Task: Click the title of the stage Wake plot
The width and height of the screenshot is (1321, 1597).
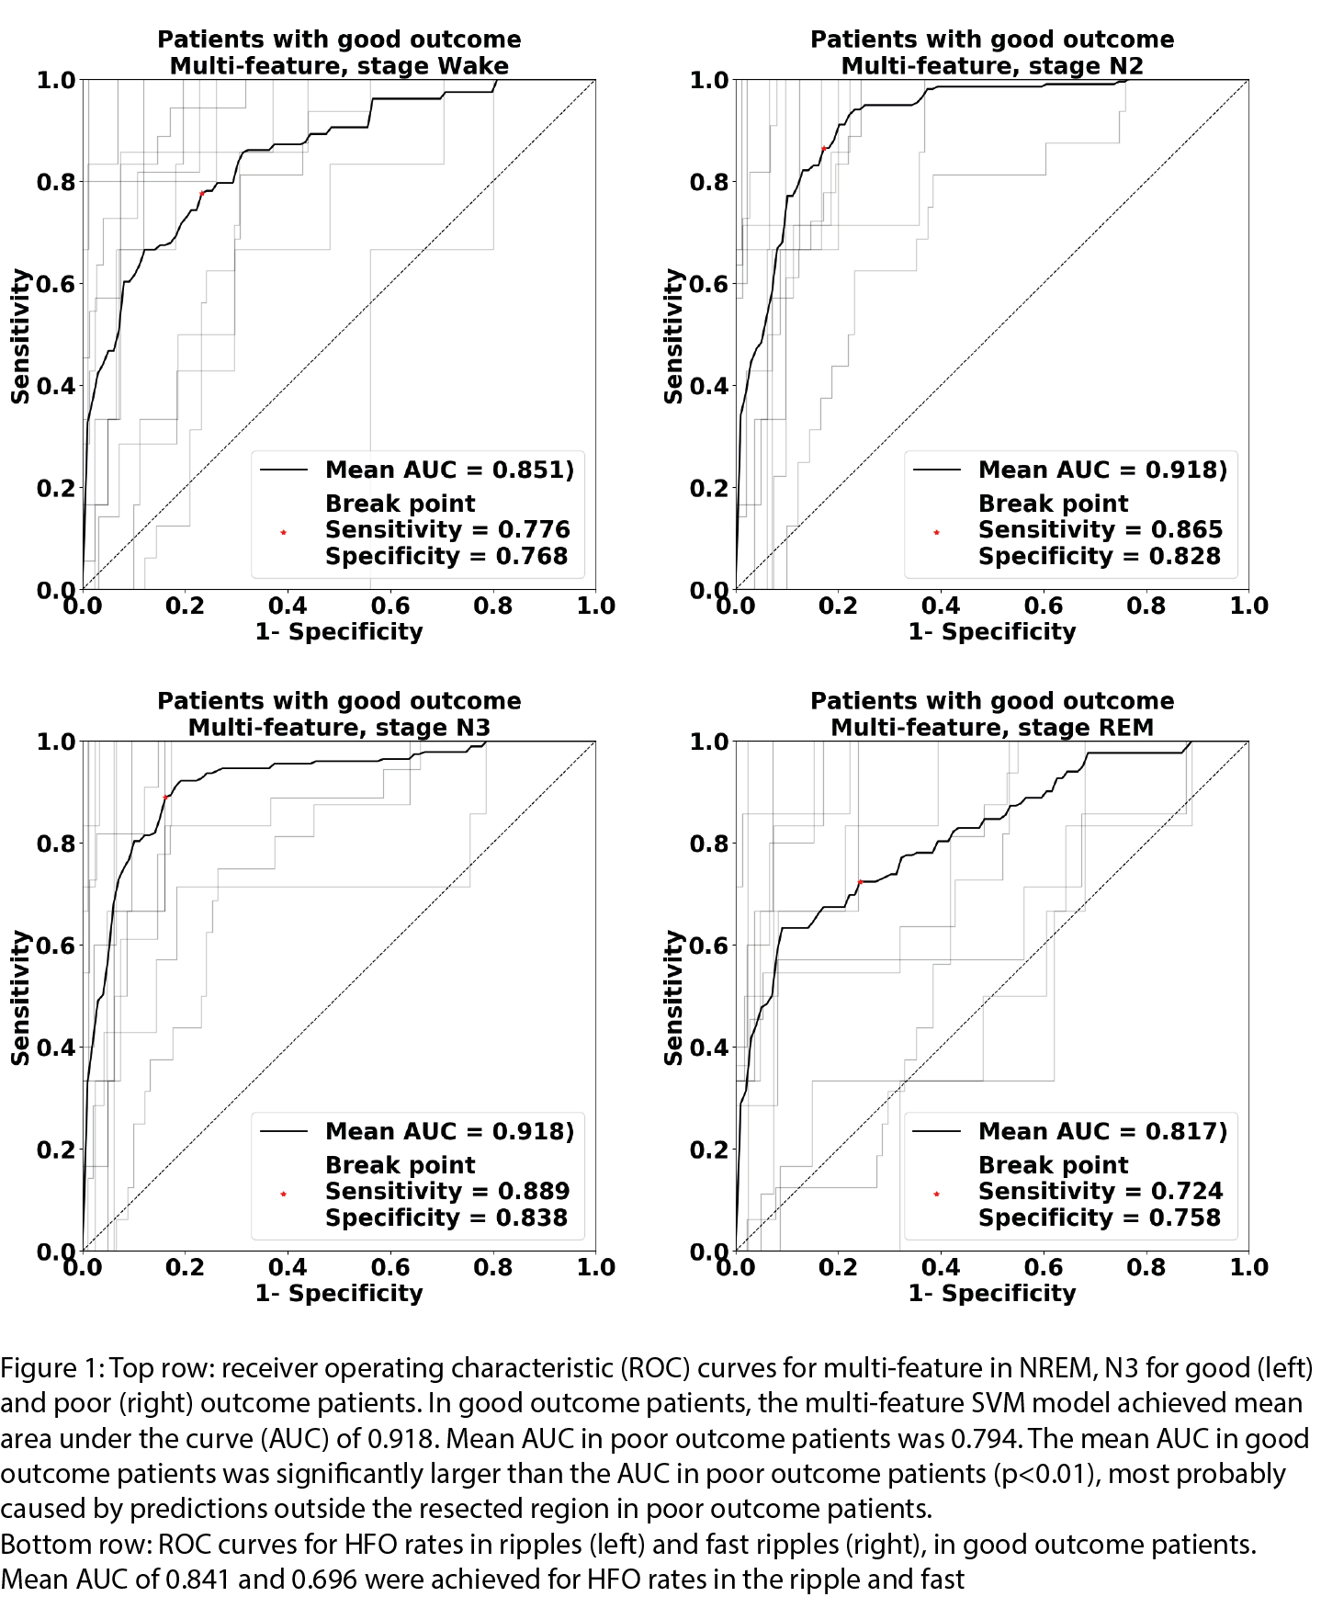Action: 339,52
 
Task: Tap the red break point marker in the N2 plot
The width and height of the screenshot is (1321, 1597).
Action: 824,148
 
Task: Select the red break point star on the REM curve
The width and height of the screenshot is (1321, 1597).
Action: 861,882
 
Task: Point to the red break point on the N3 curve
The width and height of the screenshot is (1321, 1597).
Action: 165,798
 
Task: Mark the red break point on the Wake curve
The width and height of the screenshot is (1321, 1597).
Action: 201,193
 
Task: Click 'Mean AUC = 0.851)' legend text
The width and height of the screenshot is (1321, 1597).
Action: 449,470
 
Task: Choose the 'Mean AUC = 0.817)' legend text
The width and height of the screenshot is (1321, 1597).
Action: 1102,1131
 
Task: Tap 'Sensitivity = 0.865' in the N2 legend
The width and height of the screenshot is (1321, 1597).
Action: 1100,529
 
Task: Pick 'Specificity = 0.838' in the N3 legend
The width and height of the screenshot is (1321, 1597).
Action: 446,1218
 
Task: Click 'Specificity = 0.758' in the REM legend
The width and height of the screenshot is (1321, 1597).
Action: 1100,1218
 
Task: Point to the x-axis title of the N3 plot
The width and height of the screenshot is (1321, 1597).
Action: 339,1293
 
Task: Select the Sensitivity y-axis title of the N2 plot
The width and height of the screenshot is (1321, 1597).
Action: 674,335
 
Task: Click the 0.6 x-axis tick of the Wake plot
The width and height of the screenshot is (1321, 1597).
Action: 390,606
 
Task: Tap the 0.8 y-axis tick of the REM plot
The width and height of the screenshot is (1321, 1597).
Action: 708,844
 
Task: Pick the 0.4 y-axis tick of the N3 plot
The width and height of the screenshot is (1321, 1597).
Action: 55,1048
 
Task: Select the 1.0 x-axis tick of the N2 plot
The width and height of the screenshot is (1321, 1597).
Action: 1248,606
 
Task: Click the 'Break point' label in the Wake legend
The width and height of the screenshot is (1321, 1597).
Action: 401,504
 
